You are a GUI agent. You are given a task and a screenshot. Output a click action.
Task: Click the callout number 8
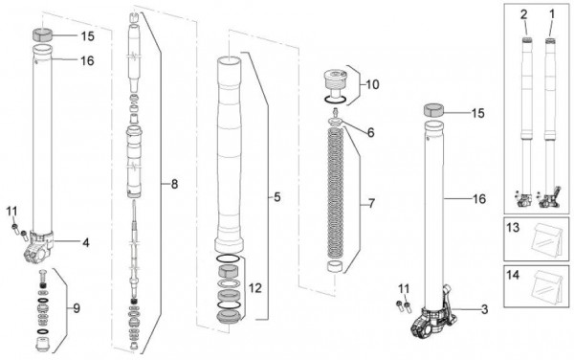tap(174, 184)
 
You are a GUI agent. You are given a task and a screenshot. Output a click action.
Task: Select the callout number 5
tap(277, 197)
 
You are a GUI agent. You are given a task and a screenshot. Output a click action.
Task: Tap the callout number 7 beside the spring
tap(371, 204)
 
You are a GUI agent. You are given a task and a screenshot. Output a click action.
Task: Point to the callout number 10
tap(372, 85)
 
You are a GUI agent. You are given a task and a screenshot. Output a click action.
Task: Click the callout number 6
tap(371, 133)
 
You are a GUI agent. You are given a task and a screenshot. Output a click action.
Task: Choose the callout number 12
tap(255, 288)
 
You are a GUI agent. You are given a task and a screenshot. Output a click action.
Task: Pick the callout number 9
tap(77, 308)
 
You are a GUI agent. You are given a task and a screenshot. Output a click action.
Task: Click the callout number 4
tap(86, 242)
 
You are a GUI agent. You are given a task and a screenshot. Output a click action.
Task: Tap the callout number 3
tap(484, 310)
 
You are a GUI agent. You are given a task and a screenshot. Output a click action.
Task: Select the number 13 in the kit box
tap(513, 228)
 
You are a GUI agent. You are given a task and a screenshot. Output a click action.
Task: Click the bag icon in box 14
tap(548, 287)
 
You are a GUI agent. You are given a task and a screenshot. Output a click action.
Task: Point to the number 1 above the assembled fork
tap(552, 14)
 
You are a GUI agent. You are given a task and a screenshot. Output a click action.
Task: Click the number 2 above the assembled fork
tap(524, 14)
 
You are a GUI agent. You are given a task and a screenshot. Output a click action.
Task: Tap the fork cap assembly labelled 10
tap(335, 84)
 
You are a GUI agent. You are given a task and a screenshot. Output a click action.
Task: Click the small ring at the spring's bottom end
tap(335, 266)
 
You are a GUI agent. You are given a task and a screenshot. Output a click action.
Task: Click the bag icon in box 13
tap(548, 240)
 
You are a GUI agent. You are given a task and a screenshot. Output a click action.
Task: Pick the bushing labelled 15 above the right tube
tap(433, 110)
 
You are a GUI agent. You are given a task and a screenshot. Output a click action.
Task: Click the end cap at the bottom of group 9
tap(43, 345)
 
